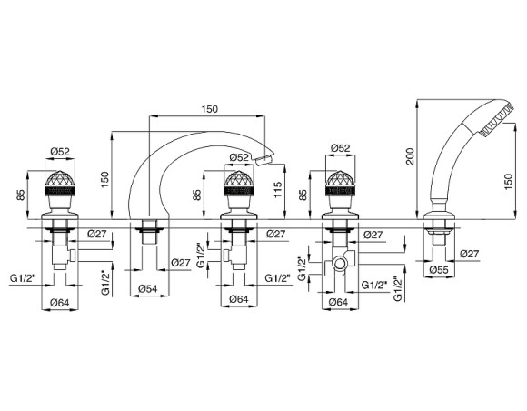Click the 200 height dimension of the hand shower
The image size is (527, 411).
pyautogui.click(x=411, y=155)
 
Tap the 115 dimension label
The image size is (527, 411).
pyautogui.click(x=278, y=190)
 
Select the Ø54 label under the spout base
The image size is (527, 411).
pyautogui.click(x=148, y=288)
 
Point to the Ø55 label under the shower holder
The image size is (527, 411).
pyautogui.click(x=439, y=269)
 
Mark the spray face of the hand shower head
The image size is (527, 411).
pyautogui.click(x=497, y=120)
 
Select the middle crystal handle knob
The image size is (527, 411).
pyautogui.click(x=238, y=183)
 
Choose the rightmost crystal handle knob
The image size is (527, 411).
pyautogui.click(x=340, y=183)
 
